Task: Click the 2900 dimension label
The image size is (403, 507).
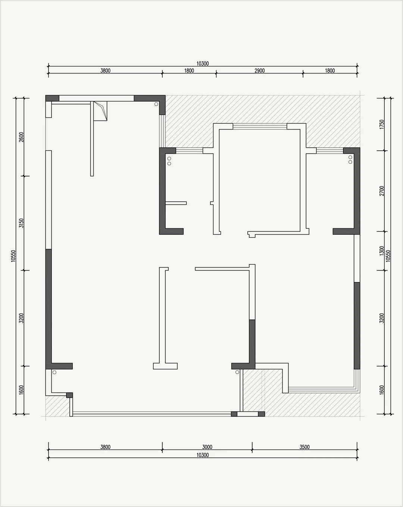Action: pyautogui.click(x=259, y=71)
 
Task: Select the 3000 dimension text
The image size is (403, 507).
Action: pyautogui.click(x=207, y=447)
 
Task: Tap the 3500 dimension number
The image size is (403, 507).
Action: pyautogui.click(x=304, y=447)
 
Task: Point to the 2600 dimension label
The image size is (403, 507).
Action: pyautogui.click(x=21, y=137)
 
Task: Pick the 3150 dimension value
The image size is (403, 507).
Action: pyautogui.click(x=21, y=223)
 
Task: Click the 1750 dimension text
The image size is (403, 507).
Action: pyautogui.click(x=382, y=124)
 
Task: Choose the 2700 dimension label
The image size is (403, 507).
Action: pyautogui.click(x=382, y=191)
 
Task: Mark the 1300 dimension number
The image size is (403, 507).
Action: pyautogui.click(x=382, y=251)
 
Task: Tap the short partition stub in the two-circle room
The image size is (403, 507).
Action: pyautogui.click(x=176, y=203)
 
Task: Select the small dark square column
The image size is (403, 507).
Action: pyautogui.click(x=69, y=395)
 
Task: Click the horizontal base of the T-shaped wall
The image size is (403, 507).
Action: pyautogui.click(x=165, y=366)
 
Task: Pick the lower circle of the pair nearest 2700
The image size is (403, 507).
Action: pyautogui.click(x=350, y=162)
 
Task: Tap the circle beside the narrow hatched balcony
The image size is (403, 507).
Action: pyautogui.click(x=237, y=372)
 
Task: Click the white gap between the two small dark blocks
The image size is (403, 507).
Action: pyautogui.click(x=248, y=414)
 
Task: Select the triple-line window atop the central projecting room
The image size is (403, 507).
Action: pyautogui.click(x=260, y=126)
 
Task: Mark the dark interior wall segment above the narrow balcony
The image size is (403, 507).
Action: pyautogui.click(x=252, y=341)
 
